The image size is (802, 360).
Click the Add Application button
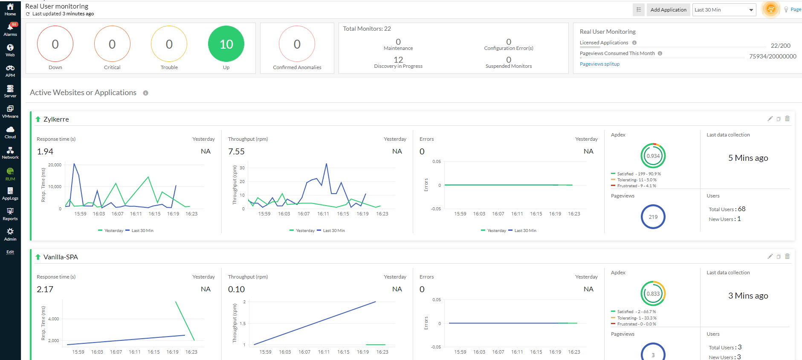(668, 10)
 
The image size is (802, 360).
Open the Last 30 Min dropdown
(724, 10)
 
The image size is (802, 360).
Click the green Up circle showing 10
(226, 44)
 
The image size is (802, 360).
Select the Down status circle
(55, 44)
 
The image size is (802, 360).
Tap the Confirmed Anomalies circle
(297, 44)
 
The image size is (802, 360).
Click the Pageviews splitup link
(599, 64)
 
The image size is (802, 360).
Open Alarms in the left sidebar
(10, 29)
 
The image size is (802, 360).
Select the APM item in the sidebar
(10, 71)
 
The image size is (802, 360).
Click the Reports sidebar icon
(10, 214)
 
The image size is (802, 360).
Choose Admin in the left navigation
(10, 234)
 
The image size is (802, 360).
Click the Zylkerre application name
(56, 119)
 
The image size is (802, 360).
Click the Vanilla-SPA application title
(61, 257)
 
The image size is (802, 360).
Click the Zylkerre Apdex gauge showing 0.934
(653, 156)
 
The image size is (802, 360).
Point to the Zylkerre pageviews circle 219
(653, 217)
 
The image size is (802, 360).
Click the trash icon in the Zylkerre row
(787, 119)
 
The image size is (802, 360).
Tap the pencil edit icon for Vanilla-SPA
(770, 256)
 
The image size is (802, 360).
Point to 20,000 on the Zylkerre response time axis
(55, 165)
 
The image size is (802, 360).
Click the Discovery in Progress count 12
(398, 60)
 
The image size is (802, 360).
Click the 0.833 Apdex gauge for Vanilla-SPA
(653, 293)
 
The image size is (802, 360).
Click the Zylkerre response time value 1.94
(45, 152)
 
